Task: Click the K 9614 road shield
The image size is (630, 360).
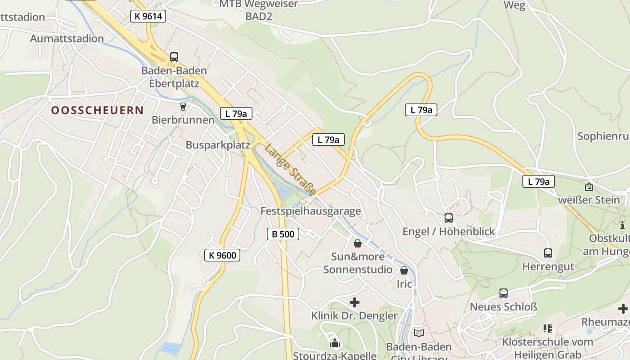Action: coord(148,17)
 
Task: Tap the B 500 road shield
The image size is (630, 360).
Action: coord(283,234)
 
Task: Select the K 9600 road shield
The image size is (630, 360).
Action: coord(222,255)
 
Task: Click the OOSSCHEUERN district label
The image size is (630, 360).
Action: coord(97,110)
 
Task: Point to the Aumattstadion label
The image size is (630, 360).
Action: coord(67,39)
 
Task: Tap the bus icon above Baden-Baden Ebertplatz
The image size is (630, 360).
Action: coord(174,57)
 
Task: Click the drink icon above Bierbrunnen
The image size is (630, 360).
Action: coord(183,106)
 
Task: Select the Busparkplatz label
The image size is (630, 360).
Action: coord(218,145)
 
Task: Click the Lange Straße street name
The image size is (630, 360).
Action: coord(290,170)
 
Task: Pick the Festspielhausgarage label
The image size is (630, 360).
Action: coord(310,211)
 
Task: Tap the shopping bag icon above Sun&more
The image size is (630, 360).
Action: coord(358,243)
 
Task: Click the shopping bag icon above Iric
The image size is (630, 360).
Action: coord(404,270)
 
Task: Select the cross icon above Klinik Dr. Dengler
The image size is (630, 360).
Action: coord(355,302)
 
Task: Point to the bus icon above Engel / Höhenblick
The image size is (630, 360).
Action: coord(449,218)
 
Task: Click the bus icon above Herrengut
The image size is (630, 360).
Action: coord(548,253)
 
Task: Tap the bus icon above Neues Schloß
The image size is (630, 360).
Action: coord(504,293)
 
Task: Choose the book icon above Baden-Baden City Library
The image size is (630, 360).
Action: coord(419,333)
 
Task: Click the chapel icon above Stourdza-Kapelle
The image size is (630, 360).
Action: coord(335,343)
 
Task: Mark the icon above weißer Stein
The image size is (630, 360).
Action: coord(589,186)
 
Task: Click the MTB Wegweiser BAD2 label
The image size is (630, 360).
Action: coord(259,10)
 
